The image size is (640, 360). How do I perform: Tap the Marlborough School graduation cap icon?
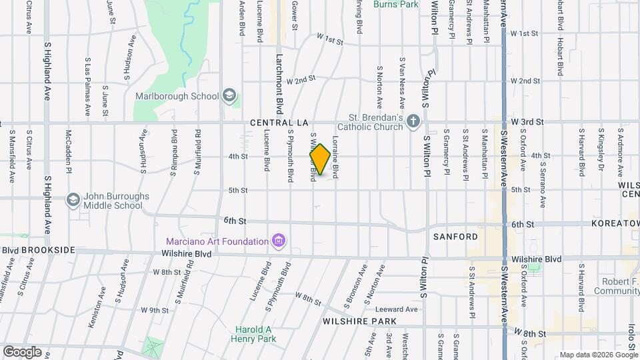coord(230,95)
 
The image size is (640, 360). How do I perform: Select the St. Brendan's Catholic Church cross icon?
coord(413,121)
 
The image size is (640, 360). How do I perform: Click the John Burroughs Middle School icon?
coord(73,199)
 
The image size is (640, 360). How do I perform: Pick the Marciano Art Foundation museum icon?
coord(279,240)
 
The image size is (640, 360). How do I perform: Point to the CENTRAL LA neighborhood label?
coord(279,123)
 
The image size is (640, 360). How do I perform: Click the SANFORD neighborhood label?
coord(455,237)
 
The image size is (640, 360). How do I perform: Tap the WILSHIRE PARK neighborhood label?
coord(359,321)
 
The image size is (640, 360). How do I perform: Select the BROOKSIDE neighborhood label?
coord(48,249)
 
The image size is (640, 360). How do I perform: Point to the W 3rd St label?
coord(527,122)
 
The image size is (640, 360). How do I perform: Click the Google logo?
coord(22,352)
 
